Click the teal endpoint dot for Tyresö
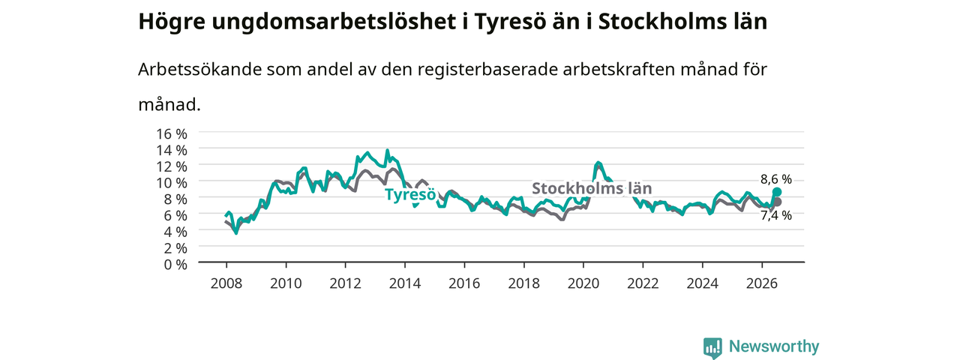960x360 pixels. click(x=776, y=191)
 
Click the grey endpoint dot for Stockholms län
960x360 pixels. click(x=777, y=202)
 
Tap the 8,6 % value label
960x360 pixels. click(x=776, y=179)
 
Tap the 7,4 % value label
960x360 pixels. click(x=776, y=215)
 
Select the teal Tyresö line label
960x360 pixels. click(x=410, y=194)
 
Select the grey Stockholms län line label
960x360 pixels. click(x=592, y=188)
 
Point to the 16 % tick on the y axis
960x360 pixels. click(x=172, y=133)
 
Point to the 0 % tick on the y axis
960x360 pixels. click(x=175, y=265)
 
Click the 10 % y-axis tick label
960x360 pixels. click(x=172, y=182)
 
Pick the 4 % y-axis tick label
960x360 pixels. click(x=175, y=232)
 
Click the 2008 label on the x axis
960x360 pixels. click(x=226, y=283)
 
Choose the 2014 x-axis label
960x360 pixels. click(x=404, y=283)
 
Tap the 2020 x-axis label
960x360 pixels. click(x=583, y=283)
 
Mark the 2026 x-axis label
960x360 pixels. click(x=762, y=283)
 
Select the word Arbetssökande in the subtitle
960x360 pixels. click(x=199, y=69)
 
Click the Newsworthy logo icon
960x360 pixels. click(x=712, y=347)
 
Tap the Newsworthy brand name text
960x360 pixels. click(x=774, y=346)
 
